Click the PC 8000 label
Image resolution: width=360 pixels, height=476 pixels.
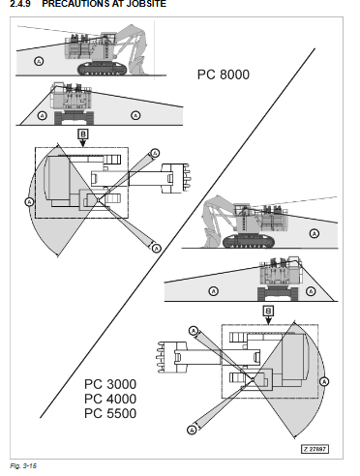coord(224,74)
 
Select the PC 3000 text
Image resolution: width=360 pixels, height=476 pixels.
coord(110,384)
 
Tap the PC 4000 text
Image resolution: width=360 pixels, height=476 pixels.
coord(110,399)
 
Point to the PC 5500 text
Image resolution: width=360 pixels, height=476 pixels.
coord(110,413)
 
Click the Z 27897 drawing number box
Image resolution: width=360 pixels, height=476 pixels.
coord(315,449)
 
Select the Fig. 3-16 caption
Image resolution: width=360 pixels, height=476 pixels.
coord(23,465)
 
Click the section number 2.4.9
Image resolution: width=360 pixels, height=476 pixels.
coord(20,4)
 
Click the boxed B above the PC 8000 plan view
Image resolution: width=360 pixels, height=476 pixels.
coord(83,134)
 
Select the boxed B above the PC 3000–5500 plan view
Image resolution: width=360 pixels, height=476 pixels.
coord(268,311)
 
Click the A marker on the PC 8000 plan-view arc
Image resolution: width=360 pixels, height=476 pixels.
coord(29,202)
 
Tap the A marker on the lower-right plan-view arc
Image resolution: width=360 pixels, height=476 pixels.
coord(324,382)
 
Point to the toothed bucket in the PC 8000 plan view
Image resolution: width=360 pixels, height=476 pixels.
coord(175,178)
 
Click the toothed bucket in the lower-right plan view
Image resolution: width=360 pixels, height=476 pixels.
coord(171,357)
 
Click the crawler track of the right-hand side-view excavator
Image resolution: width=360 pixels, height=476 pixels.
coord(249,241)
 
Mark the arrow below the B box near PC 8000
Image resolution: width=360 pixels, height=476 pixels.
coord(83,142)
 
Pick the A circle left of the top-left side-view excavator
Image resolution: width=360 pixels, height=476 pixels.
coord(39,61)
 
